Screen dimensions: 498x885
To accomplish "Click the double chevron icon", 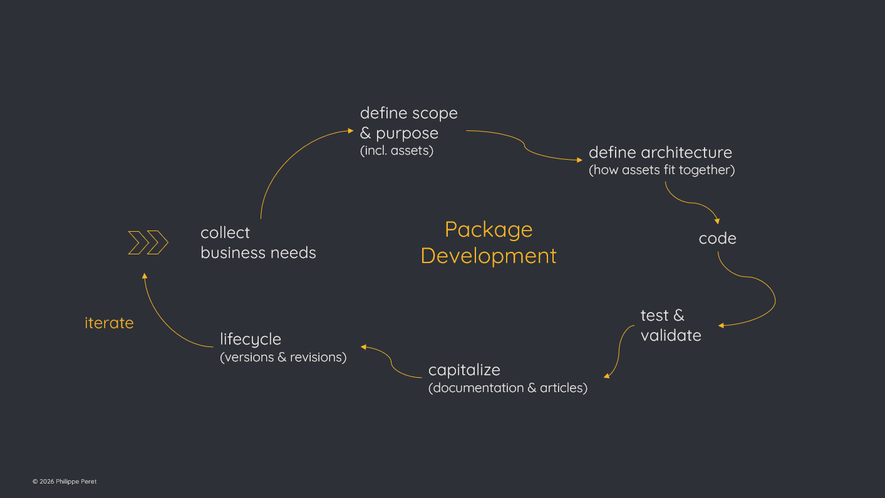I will click(148, 242).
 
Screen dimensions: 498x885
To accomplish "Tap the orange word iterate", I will click(109, 323).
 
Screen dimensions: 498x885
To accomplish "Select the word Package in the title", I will click(489, 230).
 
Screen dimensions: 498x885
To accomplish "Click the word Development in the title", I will click(489, 256).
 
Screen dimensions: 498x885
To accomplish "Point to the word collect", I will click(225, 233).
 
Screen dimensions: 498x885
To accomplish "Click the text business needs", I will click(258, 253).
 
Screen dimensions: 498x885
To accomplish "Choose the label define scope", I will click(408, 113).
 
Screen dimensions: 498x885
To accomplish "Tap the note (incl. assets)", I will click(396, 150).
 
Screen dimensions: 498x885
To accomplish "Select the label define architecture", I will click(660, 152).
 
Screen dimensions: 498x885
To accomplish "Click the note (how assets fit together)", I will click(661, 170).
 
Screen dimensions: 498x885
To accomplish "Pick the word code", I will click(717, 239).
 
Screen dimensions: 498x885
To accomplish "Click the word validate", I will click(671, 336).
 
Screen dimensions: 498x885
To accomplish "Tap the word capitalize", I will click(464, 370).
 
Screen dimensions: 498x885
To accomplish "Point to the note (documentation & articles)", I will click(507, 388).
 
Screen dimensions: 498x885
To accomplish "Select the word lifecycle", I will click(251, 340).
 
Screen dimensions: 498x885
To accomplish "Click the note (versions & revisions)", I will click(283, 357).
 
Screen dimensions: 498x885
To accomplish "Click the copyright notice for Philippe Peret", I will click(65, 481).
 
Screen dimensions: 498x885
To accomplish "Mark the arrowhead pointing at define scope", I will click(351, 131).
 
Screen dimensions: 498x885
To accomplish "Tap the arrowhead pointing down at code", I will click(717, 221).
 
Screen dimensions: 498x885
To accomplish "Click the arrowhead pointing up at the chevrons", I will click(145, 276).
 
